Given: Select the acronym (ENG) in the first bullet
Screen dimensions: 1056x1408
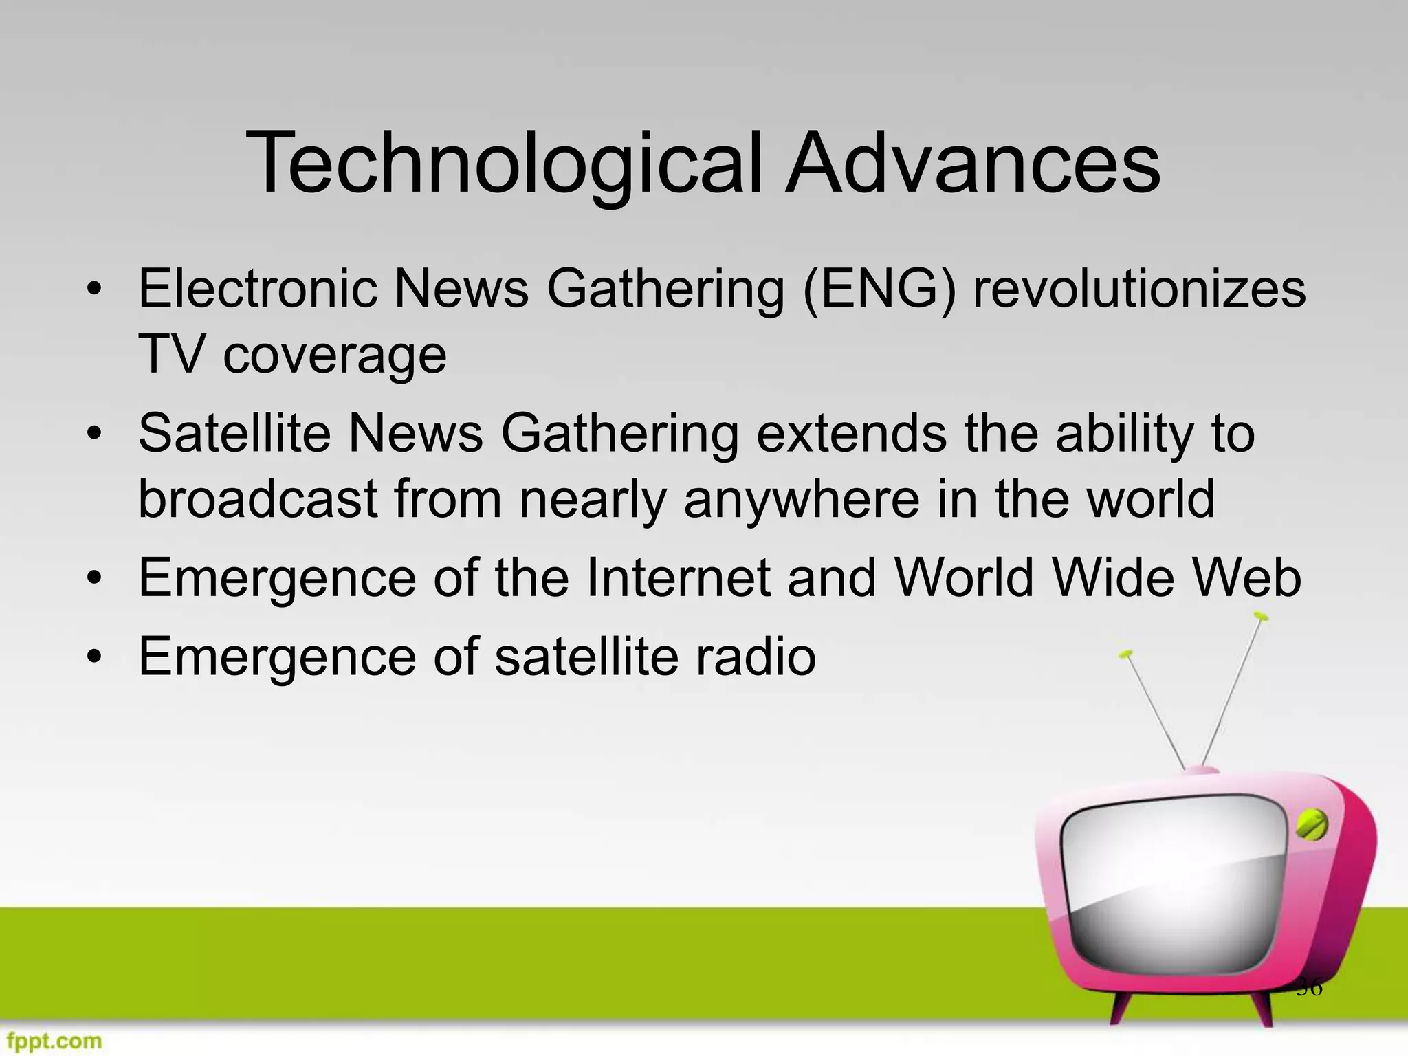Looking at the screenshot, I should [x=879, y=289].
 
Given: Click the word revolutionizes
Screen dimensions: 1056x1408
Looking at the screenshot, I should [x=1139, y=289].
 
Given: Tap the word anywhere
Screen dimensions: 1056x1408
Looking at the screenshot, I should [x=801, y=500].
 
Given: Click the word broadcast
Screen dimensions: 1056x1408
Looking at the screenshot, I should [x=257, y=499].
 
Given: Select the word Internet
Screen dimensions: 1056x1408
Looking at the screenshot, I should [x=678, y=577].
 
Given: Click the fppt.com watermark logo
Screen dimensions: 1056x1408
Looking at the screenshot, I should [x=52, y=1041].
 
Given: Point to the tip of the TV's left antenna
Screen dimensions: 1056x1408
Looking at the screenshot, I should [x=1125, y=654].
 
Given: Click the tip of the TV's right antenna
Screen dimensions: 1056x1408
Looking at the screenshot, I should [x=1260, y=615].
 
